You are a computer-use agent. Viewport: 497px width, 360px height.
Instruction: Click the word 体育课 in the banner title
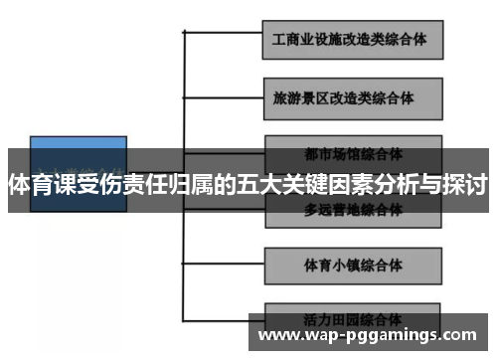[x=44, y=184]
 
